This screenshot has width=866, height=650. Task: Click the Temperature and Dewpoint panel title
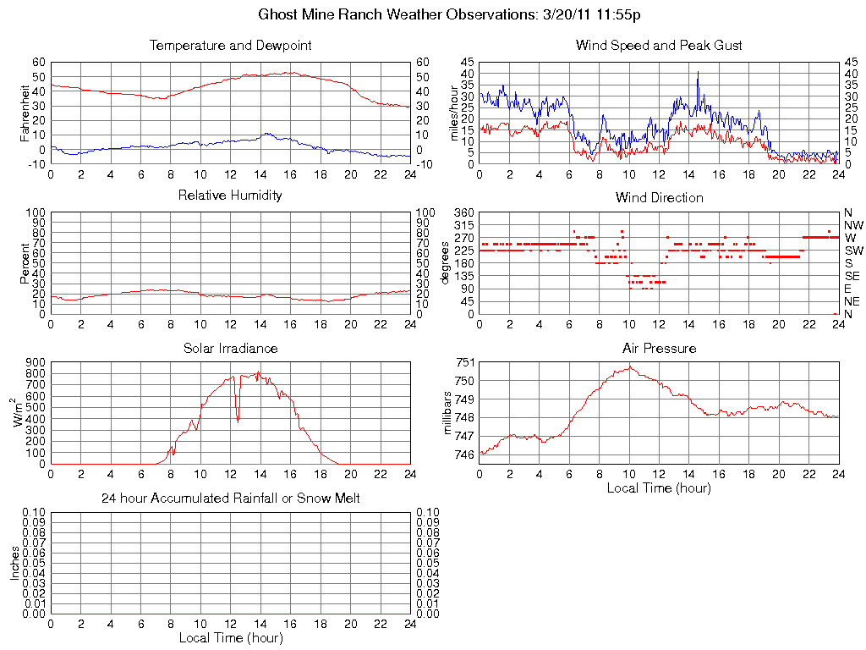[x=230, y=45]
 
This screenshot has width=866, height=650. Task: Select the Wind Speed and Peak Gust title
[x=659, y=45]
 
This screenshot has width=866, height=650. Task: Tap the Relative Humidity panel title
[x=230, y=196]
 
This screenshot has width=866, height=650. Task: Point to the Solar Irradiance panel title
[x=230, y=348]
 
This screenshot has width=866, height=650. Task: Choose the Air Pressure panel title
[x=659, y=348]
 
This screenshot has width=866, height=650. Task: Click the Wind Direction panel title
[x=659, y=197]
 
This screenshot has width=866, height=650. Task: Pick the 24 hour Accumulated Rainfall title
[x=230, y=499]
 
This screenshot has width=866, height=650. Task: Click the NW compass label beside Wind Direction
[x=853, y=225]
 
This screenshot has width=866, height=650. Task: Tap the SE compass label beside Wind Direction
[x=852, y=276]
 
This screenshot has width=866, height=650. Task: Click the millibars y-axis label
[x=449, y=412]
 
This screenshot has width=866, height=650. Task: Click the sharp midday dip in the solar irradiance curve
[x=238, y=420]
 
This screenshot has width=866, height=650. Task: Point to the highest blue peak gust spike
[x=698, y=73]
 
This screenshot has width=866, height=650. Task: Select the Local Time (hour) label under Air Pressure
[x=659, y=487]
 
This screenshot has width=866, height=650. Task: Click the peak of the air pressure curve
[x=630, y=366]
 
